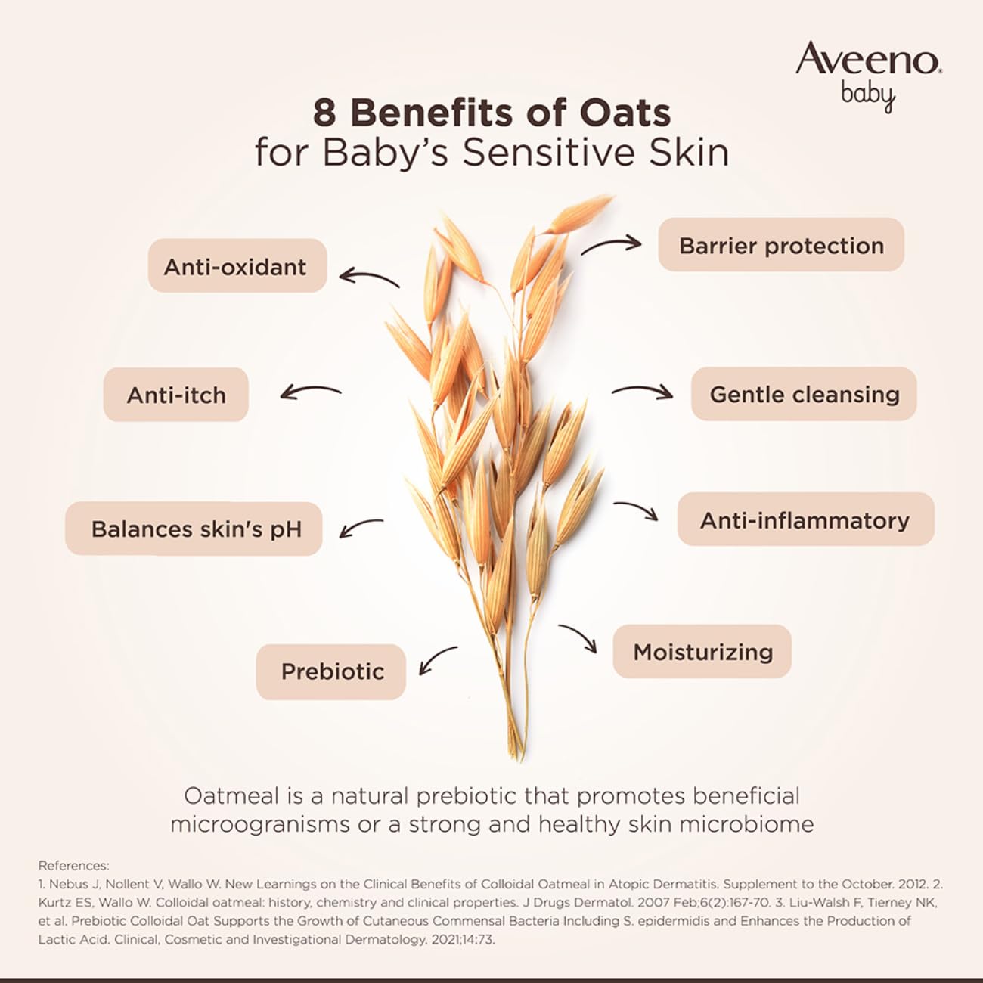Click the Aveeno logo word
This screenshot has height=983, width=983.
(x=867, y=59)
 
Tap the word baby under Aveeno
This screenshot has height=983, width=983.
(x=868, y=96)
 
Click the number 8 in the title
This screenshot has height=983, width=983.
(x=324, y=113)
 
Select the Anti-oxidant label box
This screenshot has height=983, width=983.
(x=236, y=266)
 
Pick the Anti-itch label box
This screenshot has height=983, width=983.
(x=176, y=395)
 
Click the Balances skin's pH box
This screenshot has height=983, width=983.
(x=195, y=529)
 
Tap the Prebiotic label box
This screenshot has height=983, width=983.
(x=332, y=671)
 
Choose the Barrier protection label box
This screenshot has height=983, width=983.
(x=781, y=245)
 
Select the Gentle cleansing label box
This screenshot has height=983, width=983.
(x=804, y=394)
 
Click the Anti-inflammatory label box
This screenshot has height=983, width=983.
(x=805, y=519)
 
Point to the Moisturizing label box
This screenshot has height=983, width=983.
(x=702, y=652)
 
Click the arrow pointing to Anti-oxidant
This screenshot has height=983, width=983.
(x=368, y=278)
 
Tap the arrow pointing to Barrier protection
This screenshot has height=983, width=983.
(x=611, y=245)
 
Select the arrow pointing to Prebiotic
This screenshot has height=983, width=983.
(x=437, y=660)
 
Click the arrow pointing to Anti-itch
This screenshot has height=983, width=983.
(x=310, y=392)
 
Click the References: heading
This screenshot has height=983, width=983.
(x=74, y=866)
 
